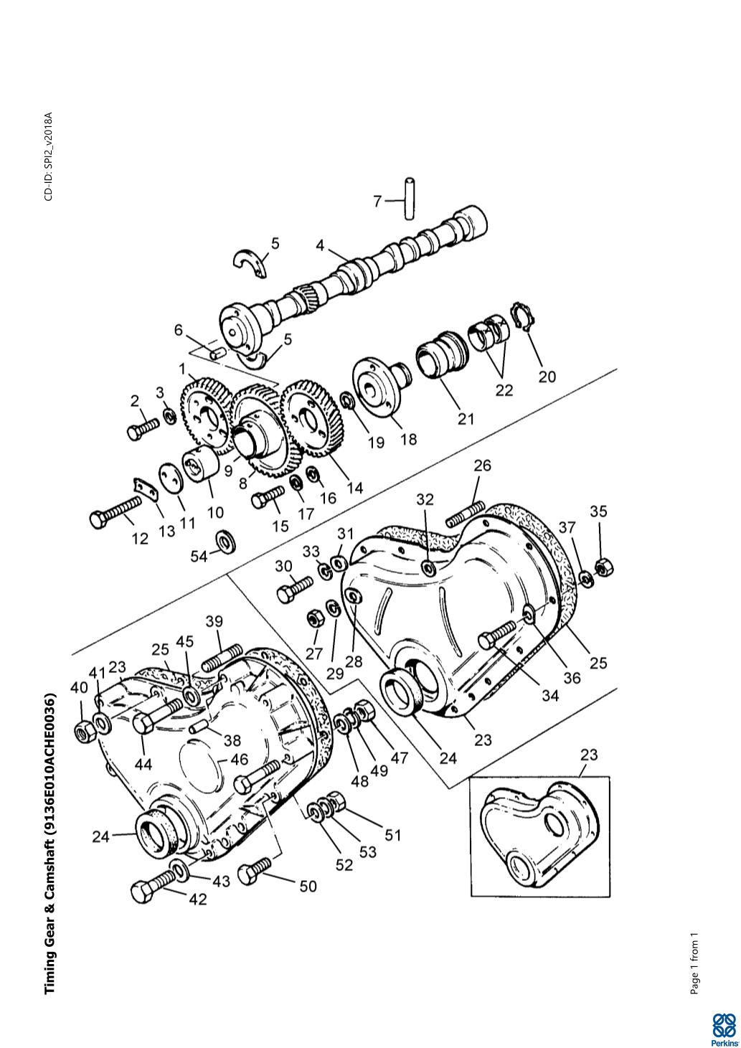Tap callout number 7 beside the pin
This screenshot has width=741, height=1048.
pyautogui.click(x=377, y=201)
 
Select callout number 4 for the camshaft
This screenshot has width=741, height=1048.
pyautogui.click(x=320, y=245)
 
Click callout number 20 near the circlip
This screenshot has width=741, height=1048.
pyautogui.click(x=547, y=377)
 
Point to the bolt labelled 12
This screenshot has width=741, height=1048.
pyautogui.click(x=115, y=512)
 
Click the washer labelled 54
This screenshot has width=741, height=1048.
pyautogui.click(x=225, y=541)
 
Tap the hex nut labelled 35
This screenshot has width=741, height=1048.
pyautogui.click(x=604, y=568)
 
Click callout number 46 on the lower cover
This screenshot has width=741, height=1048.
pyautogui.click(x=240, y=759)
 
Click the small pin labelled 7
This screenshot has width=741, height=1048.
pyautogui.click(x=410, y=198)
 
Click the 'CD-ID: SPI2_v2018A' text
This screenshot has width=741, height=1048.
pyautogui.click(x=49, y=156)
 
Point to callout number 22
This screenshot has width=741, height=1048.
pyautogui.click(x=504, y=390)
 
